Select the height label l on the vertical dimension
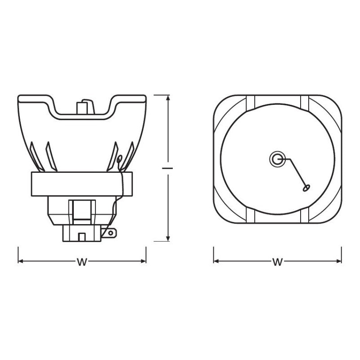pos(168,168)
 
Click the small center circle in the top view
pos(277,158)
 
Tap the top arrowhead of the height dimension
pos(168,98)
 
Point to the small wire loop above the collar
pos(119,159)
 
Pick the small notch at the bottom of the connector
pos(81,236)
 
